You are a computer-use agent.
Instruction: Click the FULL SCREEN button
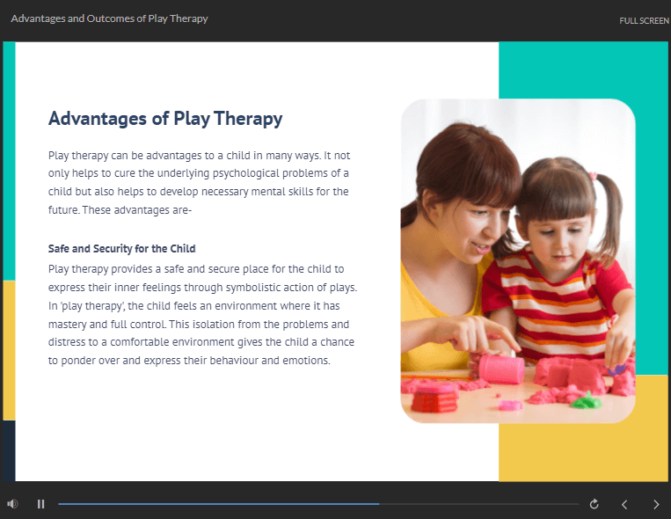pos(644,20)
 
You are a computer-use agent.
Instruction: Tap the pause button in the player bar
pos(41,504)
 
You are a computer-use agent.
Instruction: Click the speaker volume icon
pos(12,504)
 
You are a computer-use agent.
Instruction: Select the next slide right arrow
pos(656,504)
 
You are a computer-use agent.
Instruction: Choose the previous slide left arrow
pos(624,504)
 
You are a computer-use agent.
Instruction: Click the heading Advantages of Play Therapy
pos(165,119)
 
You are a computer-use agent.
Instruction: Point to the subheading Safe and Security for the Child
pos(121,249)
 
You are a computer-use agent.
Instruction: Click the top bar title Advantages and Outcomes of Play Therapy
pos(109,18)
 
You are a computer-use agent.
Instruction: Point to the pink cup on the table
pos(501,369)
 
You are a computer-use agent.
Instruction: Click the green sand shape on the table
pos(585,401)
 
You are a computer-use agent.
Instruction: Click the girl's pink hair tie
pos(593,176)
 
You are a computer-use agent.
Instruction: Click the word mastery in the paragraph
pos(67,325)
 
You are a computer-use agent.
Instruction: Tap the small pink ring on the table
pos(510,406)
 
